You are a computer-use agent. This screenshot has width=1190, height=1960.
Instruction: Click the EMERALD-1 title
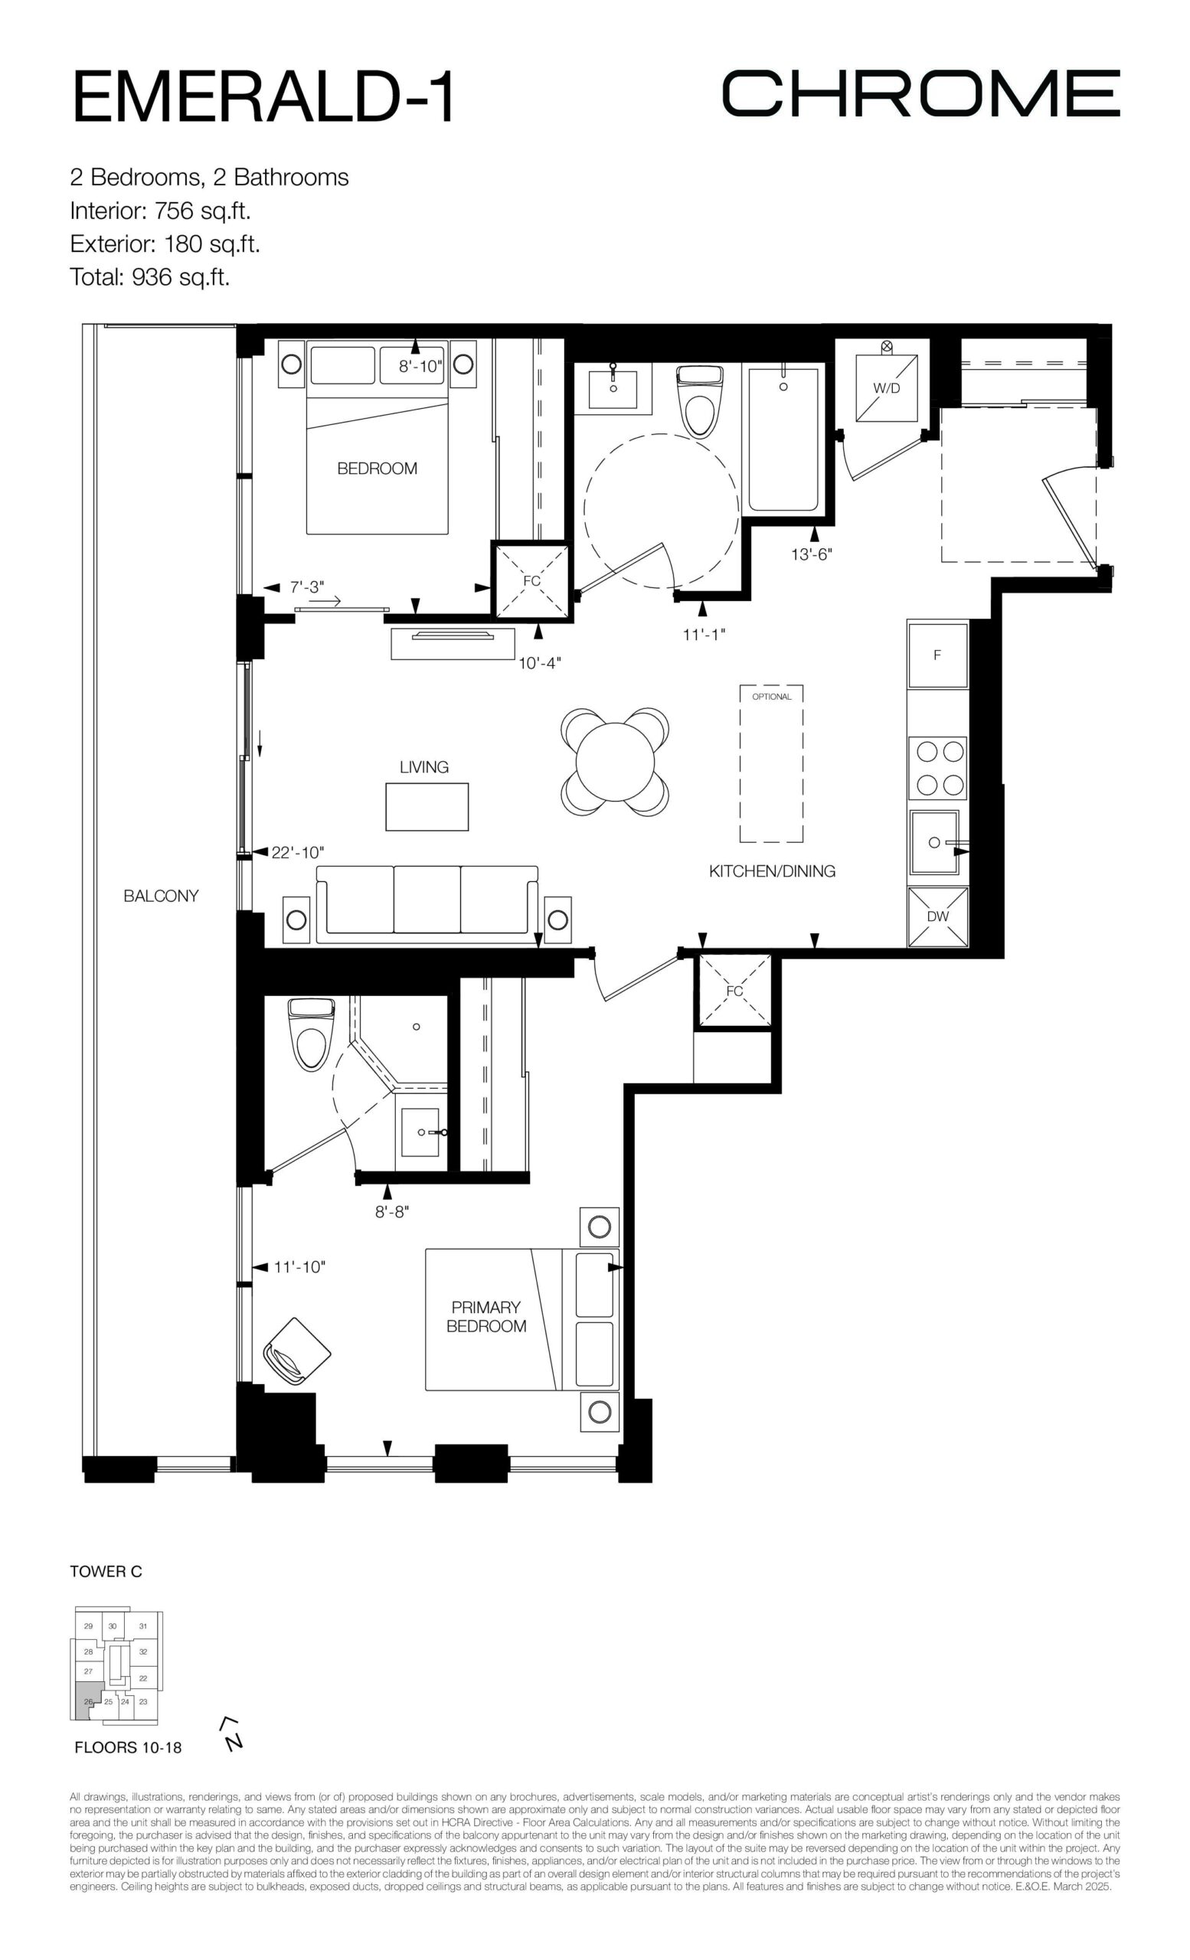[x=263, y=96]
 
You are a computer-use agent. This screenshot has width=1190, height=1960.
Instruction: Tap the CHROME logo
[x=920, y=93]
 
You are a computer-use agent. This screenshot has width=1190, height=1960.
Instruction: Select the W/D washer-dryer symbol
[x=886, y=387]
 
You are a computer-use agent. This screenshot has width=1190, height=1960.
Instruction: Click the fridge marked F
[x=938, y=655]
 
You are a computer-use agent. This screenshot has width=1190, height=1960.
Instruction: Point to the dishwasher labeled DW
[x=938, y=916]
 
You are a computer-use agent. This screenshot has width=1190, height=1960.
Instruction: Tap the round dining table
[x=615, y=760]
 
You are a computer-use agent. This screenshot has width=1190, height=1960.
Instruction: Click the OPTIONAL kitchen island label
[x=772, y=697]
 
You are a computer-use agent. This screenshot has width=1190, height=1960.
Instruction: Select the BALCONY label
[x=161, y=896]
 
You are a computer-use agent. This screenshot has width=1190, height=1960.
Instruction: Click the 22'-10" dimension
[x=297, y=852]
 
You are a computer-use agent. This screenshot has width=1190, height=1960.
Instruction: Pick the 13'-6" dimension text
[x=812, y=554]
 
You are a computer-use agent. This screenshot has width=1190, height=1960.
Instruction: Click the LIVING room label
[x=424, y=767]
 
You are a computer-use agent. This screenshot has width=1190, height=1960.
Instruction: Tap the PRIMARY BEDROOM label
[x=486, y=1316]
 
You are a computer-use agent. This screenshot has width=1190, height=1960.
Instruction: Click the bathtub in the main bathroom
[x=783, y=439]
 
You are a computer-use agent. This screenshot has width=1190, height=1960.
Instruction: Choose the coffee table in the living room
[x=427, y=807]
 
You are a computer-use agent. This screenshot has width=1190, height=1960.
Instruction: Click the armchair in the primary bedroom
[x=296, y=1351]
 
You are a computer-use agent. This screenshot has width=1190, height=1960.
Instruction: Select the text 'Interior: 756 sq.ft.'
[x=161, y=211]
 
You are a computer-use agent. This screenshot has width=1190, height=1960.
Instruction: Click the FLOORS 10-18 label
[x=128, y=1748]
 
